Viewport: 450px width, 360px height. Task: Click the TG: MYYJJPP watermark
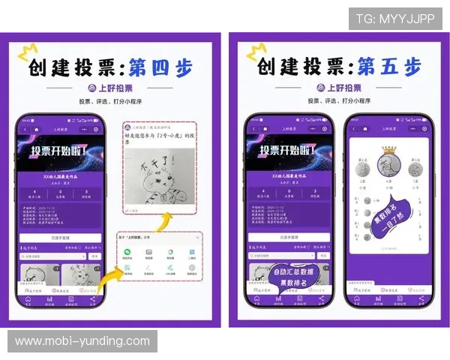[394, 19]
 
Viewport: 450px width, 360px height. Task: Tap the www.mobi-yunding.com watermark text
[82, 341]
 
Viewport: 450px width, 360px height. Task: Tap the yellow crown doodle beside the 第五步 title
[256, 53]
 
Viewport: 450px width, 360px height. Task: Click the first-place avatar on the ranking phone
[388, 166]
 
